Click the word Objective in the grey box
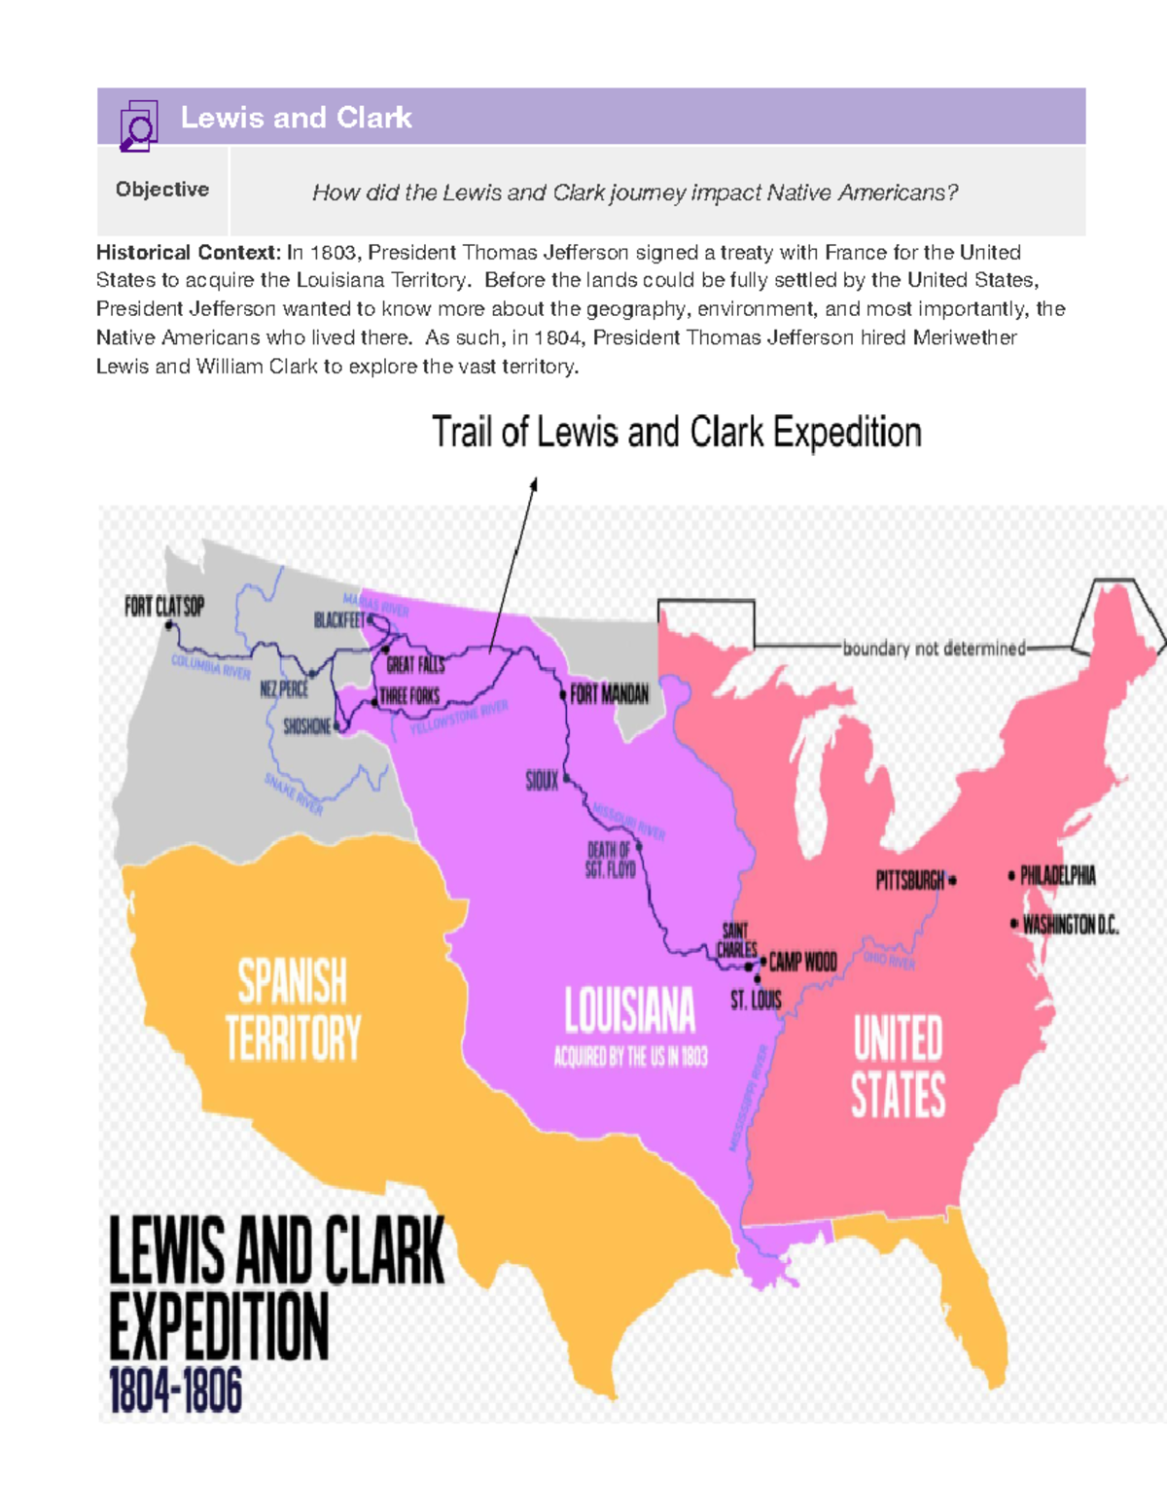pos(162,190)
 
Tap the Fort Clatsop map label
pos(164,607)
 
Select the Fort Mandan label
pos(609,694)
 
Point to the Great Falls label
pos(415,665)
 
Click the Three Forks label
pos(409,696)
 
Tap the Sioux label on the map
pos(542,781)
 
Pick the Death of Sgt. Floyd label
pos(611,860)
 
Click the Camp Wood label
pos(802,963)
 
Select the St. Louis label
pos(756,1000)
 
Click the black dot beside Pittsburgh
pos(952,881)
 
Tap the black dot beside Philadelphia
pos(1012,876)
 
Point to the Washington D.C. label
pos(1071,925)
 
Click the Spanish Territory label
pos(293,1009)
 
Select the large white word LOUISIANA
pos(630,1011)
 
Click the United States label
pos(898,1067)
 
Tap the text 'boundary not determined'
pos(934,649)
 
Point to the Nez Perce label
pos(284,689)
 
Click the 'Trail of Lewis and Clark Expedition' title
pos(676,433)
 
